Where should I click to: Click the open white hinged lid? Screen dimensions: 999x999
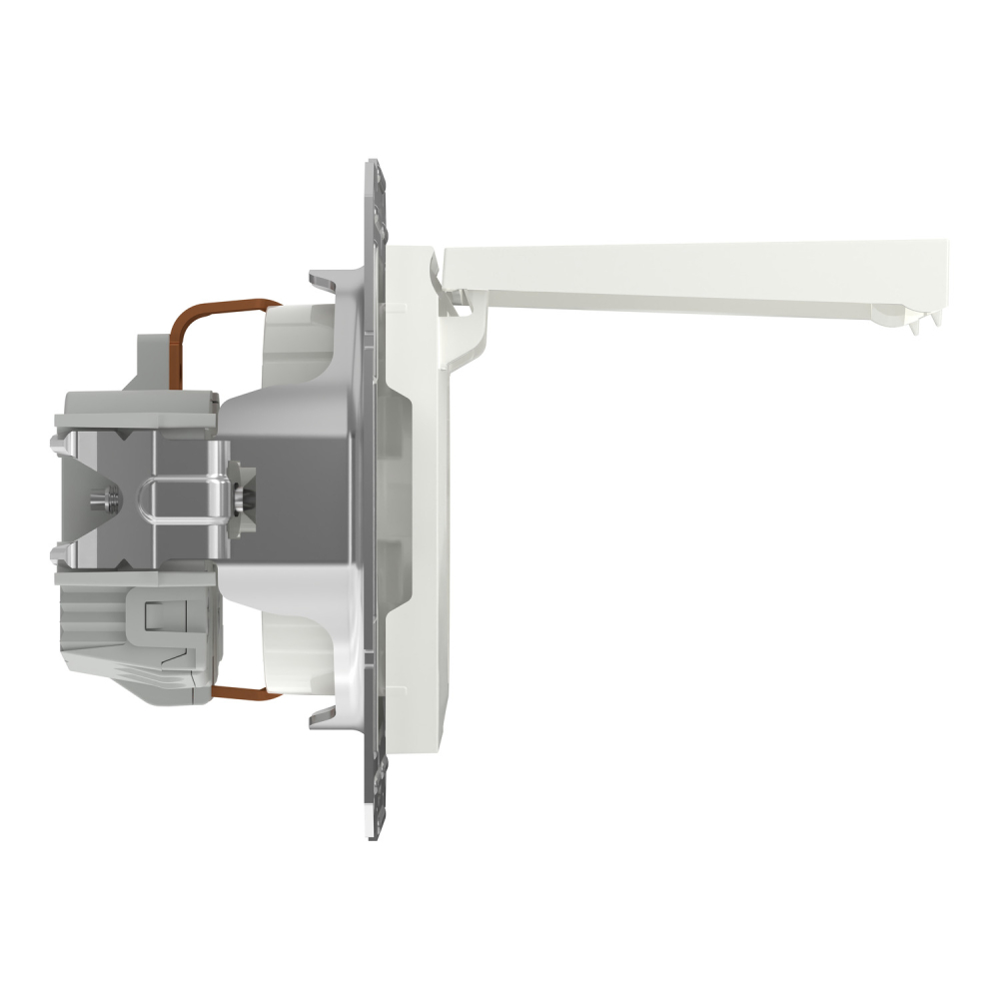(699, 265)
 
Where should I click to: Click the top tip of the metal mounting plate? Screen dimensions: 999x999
(373, 165)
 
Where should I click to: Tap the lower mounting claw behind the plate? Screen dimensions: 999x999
(325, 717)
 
